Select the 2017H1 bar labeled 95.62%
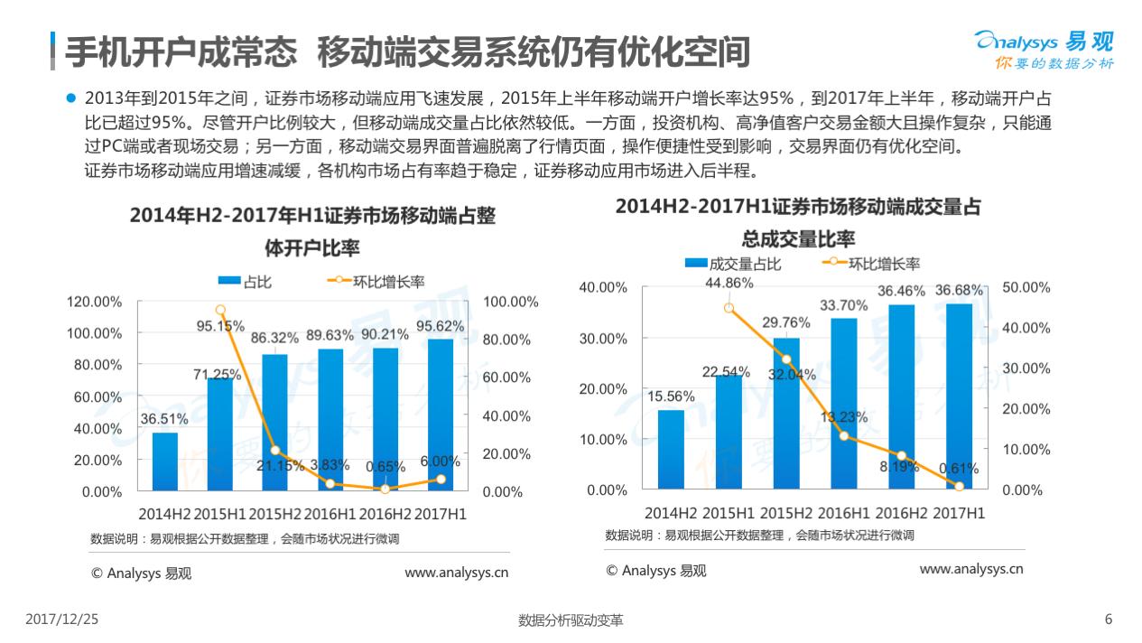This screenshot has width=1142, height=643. tap(440, 415)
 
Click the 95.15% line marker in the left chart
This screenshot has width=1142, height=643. tap(220, 310)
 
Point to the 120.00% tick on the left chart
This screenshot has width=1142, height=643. tap(95, 302)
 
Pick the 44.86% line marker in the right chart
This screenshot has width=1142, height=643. tap(729, 308)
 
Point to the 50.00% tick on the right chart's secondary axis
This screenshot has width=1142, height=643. tap(1027, 287)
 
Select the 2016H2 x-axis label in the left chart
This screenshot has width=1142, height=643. tap(385, 514)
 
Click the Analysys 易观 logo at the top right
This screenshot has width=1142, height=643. tap(1045, 48)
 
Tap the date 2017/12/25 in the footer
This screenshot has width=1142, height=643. tap(61, 620)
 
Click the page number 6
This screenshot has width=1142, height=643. tap(1109, 620)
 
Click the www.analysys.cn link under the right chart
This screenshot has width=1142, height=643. tap(970, 569)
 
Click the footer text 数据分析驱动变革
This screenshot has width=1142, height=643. tap(571, 620)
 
